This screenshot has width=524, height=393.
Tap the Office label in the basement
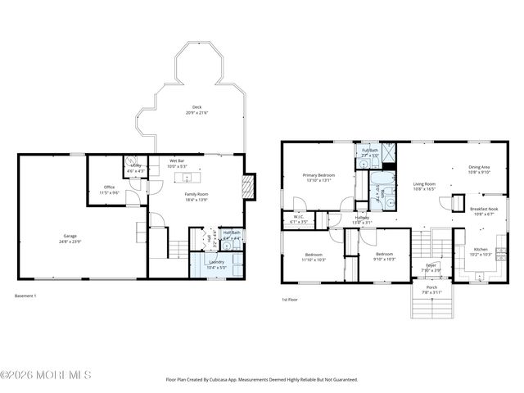click(x=110, y=187)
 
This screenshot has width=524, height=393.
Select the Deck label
click(x=196, y=107)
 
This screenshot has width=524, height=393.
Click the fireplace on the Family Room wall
click(x=251, y=185)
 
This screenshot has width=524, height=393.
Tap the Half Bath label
click(x=232, y=233)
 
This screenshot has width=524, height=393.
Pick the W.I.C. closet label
click(x=298, y=217)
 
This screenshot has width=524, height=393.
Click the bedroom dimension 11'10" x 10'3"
click(x=314, y=260)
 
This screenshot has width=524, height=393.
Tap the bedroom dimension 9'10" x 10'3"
click(x=385, y=260)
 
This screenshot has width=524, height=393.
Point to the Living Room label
click(x=424, y=184)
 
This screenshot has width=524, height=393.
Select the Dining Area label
click(x=480, y=167)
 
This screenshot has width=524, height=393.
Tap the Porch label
click(x=431, y=287)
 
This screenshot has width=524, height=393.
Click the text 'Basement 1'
click(x=27, y=295)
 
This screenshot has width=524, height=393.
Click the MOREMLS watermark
click(x=46, y=375)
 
